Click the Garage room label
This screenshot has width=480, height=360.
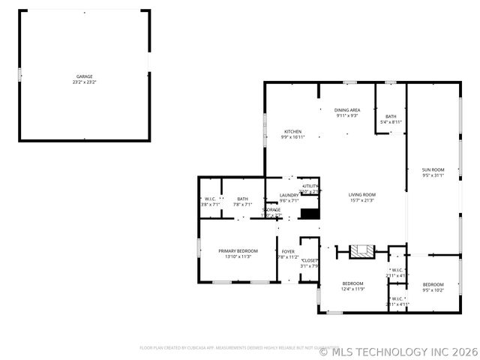84,76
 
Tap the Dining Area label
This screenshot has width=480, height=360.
346,110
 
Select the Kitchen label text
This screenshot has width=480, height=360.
292,132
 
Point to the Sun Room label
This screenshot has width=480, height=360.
433,170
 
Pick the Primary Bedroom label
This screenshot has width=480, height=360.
238,250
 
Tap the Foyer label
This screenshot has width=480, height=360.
288,251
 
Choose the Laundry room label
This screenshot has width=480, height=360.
289,196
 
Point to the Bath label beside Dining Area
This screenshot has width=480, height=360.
391,116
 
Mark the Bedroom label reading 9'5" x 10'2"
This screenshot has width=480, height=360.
433,285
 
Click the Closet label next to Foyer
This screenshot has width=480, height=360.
310,260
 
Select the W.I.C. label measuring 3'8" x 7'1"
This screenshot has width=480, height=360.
210,199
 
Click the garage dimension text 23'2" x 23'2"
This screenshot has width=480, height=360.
84,82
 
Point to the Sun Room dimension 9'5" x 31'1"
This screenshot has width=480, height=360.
433,175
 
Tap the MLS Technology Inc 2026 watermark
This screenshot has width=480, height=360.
397,351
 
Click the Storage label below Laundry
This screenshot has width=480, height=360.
271,209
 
